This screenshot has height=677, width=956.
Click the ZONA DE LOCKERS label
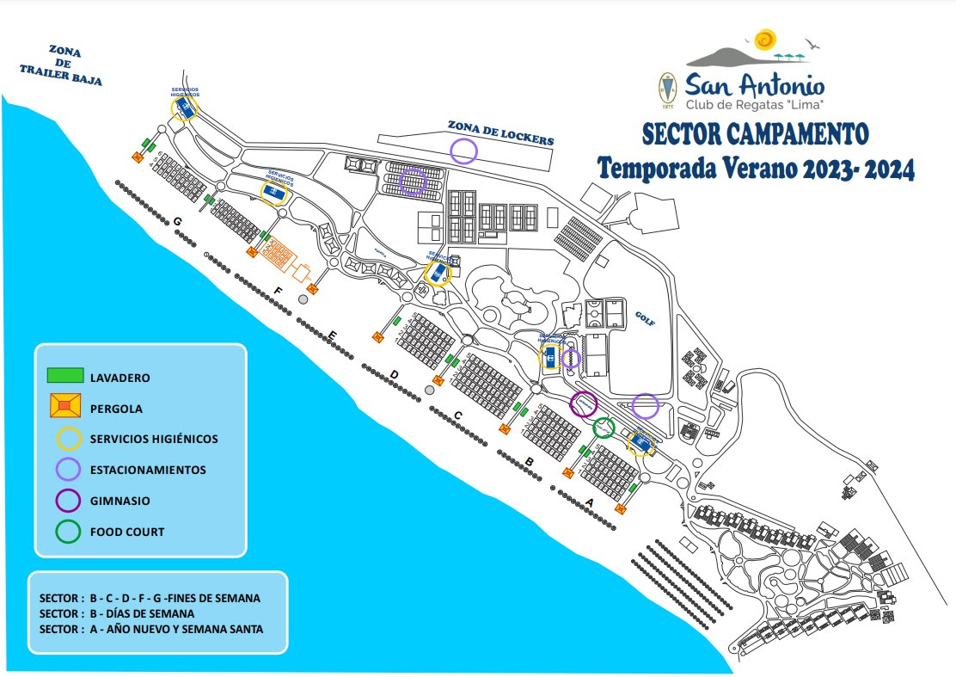click(500, 131)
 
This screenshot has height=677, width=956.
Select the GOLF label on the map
click(646, 317)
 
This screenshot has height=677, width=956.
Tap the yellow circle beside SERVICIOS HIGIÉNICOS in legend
click(68, 439)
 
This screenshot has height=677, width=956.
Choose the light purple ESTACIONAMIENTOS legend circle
click(68, 470)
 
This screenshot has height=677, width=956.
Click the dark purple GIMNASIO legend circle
click(68, 501)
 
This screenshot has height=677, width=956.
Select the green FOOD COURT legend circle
click(68, 532)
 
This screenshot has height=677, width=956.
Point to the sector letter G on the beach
click(177, 221)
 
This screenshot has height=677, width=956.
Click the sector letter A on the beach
click(589, 501)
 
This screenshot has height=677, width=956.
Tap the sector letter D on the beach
click(394, 374)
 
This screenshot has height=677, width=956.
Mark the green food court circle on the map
click(604, 428)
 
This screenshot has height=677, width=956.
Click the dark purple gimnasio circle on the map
click(584, 403)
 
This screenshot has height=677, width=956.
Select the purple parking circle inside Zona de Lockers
click(463, 151)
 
